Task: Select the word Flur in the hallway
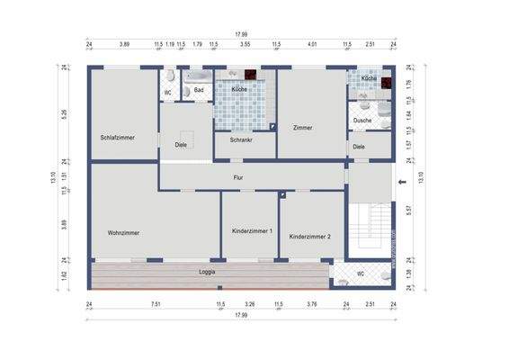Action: (238, 178)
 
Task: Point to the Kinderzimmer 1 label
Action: (252, 232)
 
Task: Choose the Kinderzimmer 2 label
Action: (310, 237)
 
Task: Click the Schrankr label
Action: (241, 140)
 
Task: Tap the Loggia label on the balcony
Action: (207, 271)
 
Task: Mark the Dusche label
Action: (362, 120)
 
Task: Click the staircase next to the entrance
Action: (370, 229)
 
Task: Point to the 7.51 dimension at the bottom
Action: (156, 304)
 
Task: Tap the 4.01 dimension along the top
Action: (312, 43)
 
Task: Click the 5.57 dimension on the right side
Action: (408, 210)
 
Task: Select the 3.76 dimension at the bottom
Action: (312, 304)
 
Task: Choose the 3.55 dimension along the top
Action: (245, 43)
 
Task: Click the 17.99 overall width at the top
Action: (241, 34)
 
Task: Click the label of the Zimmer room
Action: (303, 128)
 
